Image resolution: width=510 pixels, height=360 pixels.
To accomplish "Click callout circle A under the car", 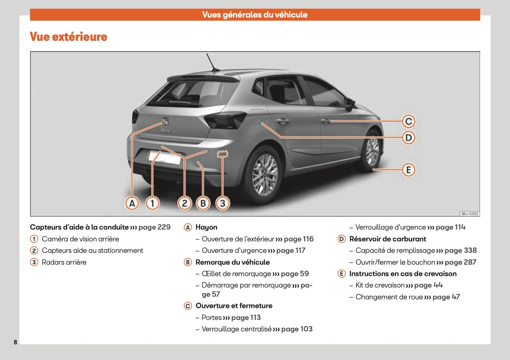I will point(132,203).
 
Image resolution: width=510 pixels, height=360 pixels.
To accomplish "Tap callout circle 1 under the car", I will point(152,203).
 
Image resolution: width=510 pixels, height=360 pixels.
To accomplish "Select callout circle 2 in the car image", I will point(184,203).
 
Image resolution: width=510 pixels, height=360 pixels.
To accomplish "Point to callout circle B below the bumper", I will point(203,203).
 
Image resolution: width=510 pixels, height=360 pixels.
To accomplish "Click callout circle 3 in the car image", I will point(223,203).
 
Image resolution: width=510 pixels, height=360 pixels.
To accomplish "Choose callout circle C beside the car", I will point(409,121).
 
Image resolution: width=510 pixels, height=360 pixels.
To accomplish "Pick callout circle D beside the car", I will point(409,137).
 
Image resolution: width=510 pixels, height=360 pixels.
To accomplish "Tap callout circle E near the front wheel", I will point(409,170).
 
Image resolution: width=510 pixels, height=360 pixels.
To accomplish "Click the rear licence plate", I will point(164,157).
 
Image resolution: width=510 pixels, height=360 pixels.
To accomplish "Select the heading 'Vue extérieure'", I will point(69,37).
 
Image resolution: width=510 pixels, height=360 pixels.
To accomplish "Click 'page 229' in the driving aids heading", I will point(154,227).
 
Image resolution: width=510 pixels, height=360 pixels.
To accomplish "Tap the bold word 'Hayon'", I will point(206,227).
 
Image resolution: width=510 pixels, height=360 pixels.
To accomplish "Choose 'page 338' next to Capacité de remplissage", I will point(460,250).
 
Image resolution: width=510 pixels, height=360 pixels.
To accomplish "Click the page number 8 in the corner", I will point(15,342).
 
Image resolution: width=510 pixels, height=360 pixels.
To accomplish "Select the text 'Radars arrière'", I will point(64,262).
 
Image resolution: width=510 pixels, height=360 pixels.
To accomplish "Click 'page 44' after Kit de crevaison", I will point(428,285).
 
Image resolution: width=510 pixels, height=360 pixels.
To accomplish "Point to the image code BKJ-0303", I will point(470,214).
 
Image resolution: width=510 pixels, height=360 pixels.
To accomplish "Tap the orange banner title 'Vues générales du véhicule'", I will point(255,15).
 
